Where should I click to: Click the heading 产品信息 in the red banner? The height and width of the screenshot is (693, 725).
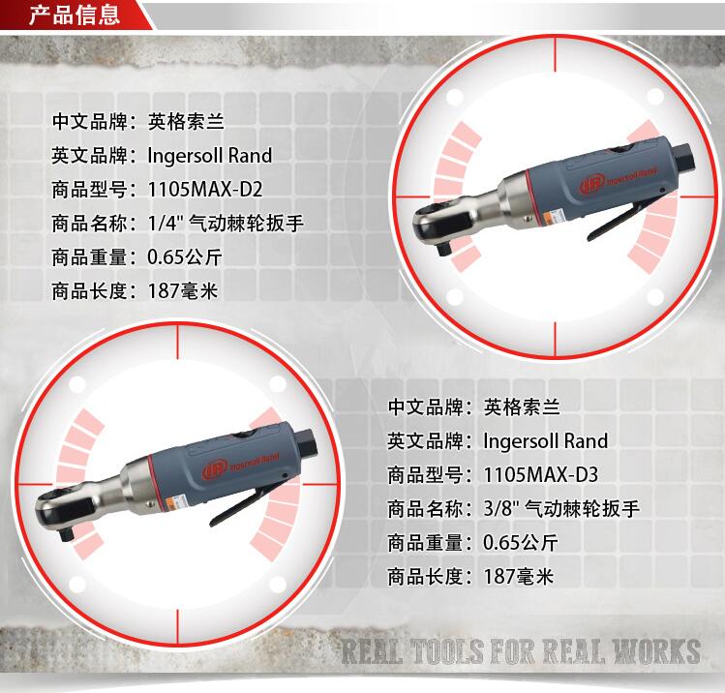75,14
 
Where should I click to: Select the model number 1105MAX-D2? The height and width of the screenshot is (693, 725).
205,189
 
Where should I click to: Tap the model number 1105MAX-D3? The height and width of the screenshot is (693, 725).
540,474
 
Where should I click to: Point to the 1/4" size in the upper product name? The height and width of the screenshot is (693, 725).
166,224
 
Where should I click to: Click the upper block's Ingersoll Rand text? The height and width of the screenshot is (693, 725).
209,155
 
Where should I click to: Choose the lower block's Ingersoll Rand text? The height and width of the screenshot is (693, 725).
546,440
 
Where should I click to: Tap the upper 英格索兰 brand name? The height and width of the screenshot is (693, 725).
186,122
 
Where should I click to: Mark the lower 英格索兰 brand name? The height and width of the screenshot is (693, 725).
522,407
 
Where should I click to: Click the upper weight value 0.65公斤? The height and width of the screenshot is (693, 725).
185,257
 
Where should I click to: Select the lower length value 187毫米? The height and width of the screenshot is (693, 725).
518,577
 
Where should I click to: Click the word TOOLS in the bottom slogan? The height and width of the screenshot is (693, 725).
446,651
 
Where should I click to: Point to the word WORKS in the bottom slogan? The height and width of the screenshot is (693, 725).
656,651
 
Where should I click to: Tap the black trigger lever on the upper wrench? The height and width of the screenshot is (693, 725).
615,222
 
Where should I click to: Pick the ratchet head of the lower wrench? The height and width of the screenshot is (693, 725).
60,512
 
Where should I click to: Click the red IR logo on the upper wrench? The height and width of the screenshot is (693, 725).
591,185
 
